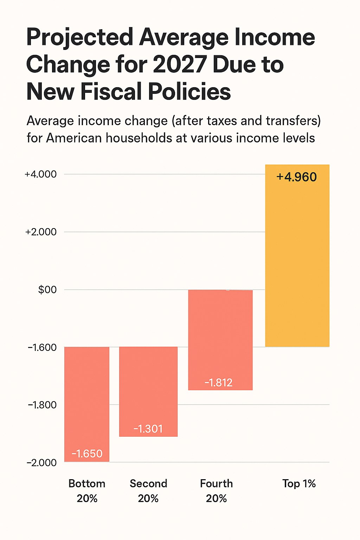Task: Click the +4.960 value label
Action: click(x=297, y=177)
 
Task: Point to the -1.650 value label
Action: click(x=87, y=454)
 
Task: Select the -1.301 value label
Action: click(x=148, y=429)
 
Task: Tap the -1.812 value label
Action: click(x=218, y=382)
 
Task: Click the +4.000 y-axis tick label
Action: click(x=40, y=174)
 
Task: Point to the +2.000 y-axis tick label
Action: click(x=41, y=232)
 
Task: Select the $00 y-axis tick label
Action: click(x=47, y=290)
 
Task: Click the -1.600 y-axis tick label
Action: click(x=42, y=347)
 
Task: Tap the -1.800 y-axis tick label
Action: click(x=42, y=405)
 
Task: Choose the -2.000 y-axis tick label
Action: click(x=41, y=463)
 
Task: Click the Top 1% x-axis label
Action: click(x=299, y=484)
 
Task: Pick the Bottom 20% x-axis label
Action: click(x=87, y=491)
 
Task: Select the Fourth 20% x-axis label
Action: click(x=217, y=491)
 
